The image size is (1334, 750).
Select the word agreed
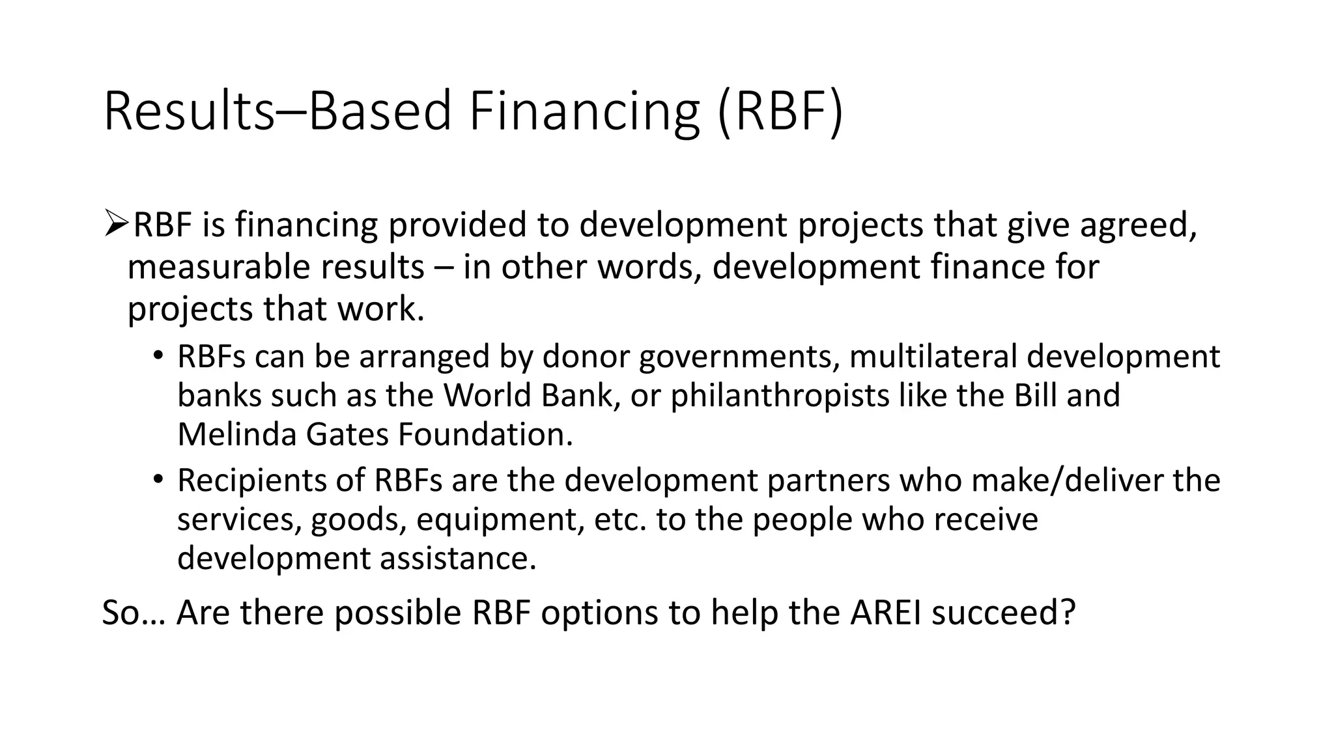(1137, 225)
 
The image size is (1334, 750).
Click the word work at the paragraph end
(380, 309)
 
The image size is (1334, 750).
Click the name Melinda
(236, 435)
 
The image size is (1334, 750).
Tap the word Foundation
(485, 435)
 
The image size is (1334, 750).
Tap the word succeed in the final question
(1003, 613)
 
